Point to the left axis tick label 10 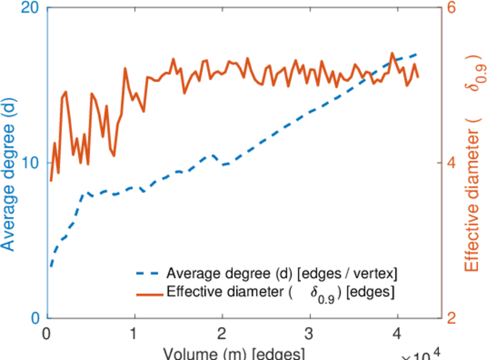coord(28,163)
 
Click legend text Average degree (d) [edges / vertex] coord(282,274)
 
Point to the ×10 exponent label coord(423,354)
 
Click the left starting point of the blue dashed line coord(52,266)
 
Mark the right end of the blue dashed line coord(417,54)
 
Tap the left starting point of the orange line coord(51,181)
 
